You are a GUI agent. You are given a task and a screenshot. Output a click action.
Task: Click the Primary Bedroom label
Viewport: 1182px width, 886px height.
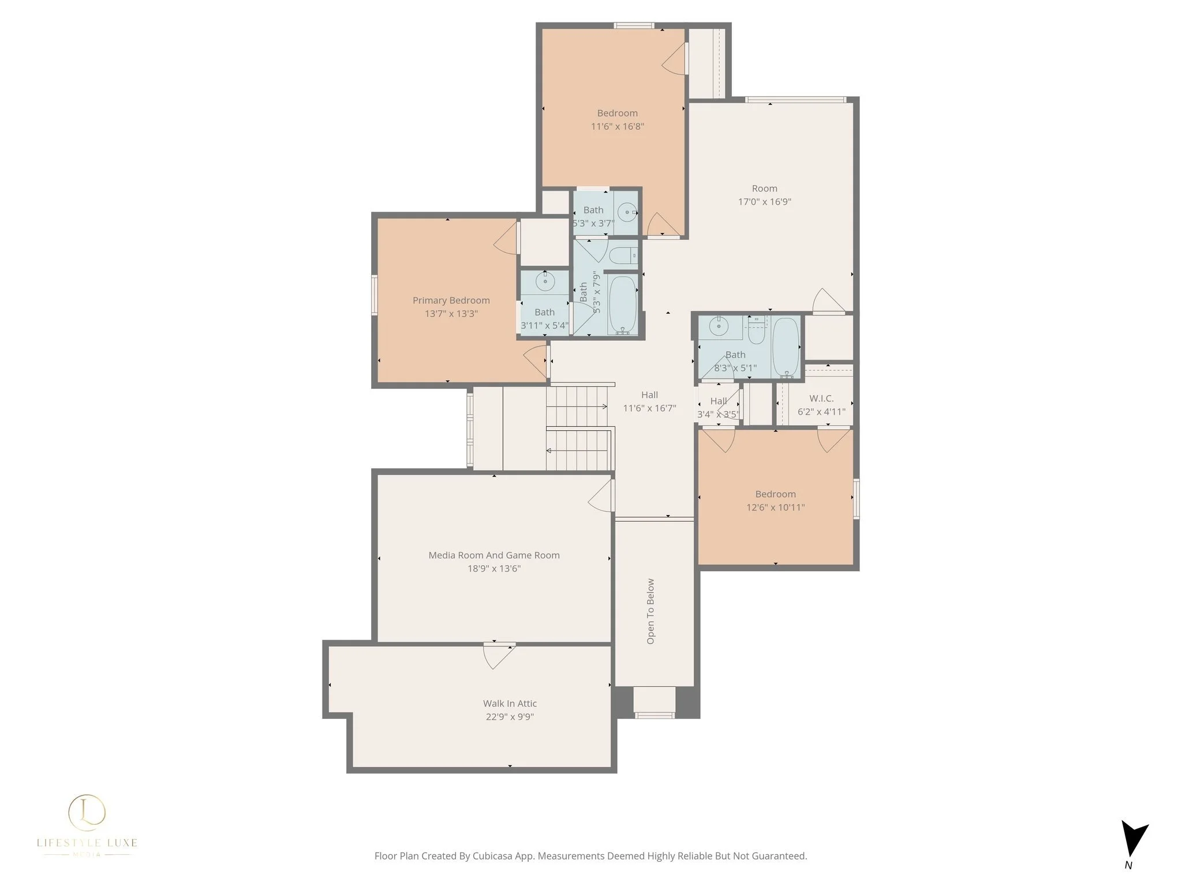point(451,301)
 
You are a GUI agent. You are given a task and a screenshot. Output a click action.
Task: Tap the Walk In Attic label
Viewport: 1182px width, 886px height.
point(510,704)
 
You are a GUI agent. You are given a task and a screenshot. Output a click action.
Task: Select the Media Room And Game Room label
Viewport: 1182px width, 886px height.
point(494,555)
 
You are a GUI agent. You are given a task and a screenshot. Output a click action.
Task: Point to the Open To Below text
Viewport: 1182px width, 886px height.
point(650,611)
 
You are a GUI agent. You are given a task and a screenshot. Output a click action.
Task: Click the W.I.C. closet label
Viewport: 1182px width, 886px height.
point(821,399)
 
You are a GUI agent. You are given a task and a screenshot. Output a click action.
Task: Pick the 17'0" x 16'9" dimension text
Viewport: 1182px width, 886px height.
point(764,202)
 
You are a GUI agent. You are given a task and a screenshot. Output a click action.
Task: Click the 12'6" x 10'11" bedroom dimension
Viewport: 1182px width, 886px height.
point(775,508)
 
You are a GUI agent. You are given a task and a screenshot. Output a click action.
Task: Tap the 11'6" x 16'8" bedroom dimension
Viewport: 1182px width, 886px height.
point(618,126)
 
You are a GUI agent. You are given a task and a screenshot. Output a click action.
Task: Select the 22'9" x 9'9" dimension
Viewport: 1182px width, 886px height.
point(510,717)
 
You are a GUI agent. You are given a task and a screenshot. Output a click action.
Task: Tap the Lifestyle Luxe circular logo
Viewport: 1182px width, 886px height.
point(87,810)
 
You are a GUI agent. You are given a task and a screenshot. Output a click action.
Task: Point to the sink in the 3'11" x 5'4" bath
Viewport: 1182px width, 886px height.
point(544,282)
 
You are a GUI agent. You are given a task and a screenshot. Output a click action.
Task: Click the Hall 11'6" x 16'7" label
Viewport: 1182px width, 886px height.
point(649,401)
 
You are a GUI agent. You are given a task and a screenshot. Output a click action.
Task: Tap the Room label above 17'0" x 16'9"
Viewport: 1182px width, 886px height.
point(764,189)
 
